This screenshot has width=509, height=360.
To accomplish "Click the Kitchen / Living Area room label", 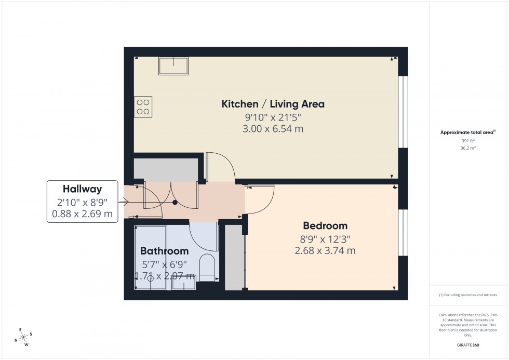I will click(x=273, y=104).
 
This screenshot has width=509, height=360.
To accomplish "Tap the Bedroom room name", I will click(x=325, y=226).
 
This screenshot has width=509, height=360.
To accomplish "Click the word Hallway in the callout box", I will click(x=82, y=189).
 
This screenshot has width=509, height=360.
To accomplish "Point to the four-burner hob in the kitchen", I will click(x=143, y=107).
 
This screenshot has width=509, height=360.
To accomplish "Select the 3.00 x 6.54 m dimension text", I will click(x=273, y=129).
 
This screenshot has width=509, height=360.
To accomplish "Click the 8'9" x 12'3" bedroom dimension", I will click(x=325, y=239).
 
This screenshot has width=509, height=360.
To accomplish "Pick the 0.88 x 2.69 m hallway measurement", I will click(x=82, y=214).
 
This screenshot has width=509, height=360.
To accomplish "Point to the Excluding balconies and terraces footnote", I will click(x=468, y=295).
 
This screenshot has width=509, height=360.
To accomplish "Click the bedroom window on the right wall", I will click(x=403, y=232).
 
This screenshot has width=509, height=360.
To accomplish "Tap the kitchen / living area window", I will click(x=403, y=112).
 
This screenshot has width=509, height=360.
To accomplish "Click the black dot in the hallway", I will click(x=176, y=203).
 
